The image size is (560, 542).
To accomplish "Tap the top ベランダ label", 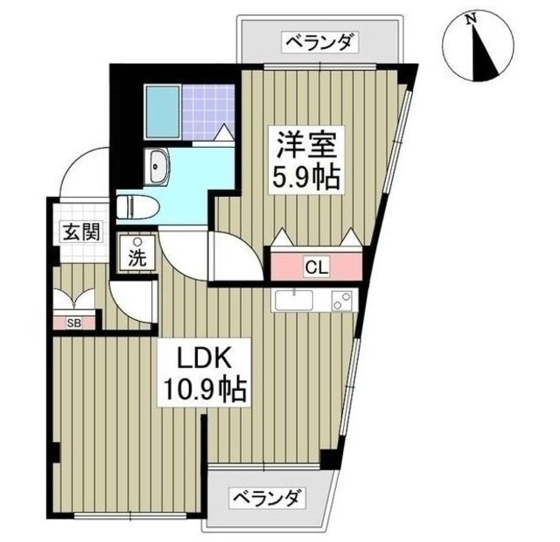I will tap(319, 41).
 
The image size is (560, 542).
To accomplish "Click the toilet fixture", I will tap(136, 207).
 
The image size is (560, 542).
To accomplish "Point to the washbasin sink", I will tap(159, 166).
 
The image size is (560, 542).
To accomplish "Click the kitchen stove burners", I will tap(340, 302).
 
